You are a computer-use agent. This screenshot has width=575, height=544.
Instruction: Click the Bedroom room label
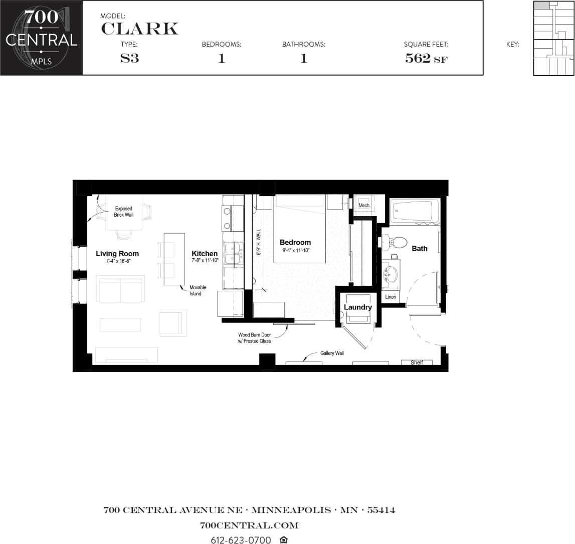click(x=295, y=243)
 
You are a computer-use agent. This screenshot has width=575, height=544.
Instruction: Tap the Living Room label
click(x=117, y=254)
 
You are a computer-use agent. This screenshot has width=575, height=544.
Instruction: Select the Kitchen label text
click(x=205, y=254)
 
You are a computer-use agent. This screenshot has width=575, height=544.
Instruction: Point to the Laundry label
click(x=357, y=307)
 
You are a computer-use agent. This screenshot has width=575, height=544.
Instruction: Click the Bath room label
click(x=420, y=248)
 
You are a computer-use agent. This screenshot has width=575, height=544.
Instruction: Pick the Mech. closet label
click(x=364, y=206)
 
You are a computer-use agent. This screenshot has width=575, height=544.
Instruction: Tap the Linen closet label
click(x=391, y=297)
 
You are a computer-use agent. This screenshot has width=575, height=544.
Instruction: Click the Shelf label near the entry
click(x=417, y=362)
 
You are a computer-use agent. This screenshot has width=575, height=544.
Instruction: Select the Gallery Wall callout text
click(x=332, y=353)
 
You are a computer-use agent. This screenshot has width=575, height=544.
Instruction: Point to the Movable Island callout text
click(x=198, y=290)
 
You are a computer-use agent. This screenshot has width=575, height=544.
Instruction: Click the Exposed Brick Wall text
click(x=124, y=212)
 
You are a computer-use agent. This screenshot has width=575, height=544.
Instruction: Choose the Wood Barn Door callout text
click(x=254, y=338)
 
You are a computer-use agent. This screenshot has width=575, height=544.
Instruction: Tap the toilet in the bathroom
click(x=397, y=242)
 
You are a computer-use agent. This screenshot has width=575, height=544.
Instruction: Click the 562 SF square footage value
click(x=426, y=58)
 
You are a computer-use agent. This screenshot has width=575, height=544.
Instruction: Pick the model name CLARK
click(x=139, y=29)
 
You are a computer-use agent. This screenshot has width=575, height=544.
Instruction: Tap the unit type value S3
click(x=129, y=58)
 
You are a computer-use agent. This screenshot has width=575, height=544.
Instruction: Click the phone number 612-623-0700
click(x=241, y=540)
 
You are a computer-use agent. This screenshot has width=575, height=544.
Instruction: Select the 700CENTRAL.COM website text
click(x=249, y=525)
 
